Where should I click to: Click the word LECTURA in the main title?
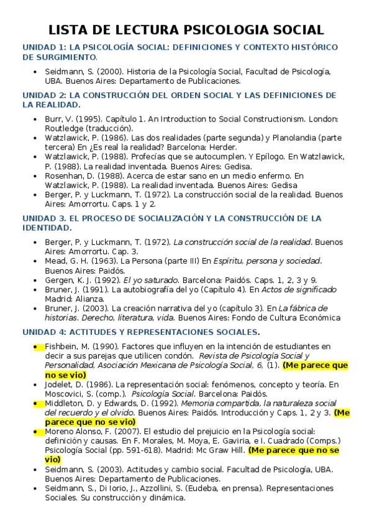(x=138, y=30)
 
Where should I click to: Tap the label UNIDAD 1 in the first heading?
(x=42, y=47)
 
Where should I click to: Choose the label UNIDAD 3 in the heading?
(x=42, y=218)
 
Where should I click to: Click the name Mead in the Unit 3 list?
(x=57, y=261)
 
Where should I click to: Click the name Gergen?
(x=60, y=280)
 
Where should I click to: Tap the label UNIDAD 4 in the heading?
(x=42, y=332)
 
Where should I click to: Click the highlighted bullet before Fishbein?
(x=36, y=346)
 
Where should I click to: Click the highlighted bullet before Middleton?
(x=36, y=403)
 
